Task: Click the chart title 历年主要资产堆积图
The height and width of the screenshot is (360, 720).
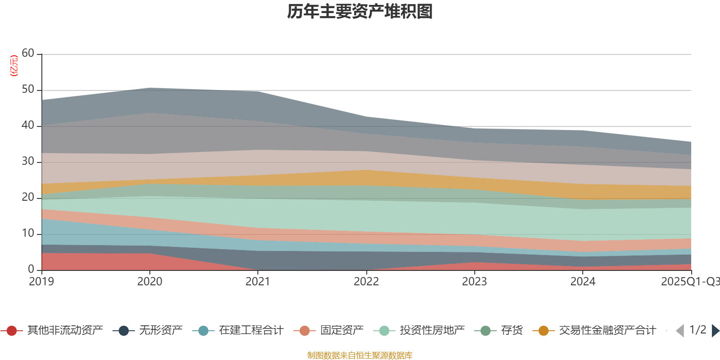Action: (360, 12)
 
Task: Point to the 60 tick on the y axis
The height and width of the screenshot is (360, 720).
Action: (28, 54)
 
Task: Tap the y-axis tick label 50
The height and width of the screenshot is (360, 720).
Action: (28, 90)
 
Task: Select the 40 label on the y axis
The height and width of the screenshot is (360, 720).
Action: (28, 126)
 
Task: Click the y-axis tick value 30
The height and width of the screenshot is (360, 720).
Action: (28, 162)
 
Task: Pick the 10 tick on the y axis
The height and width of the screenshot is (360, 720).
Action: (28, 234)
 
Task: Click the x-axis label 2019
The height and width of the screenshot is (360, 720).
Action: (41, 282)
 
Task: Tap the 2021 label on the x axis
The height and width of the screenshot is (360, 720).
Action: (258, 282)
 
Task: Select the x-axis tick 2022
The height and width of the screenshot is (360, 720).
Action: (366, 282)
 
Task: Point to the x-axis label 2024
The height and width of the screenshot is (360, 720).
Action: (583, 282)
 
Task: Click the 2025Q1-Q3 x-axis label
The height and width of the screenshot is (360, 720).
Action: (689, 282)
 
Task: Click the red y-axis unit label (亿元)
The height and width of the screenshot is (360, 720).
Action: (14, 66)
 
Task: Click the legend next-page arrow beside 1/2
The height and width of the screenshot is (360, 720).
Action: (715, 331)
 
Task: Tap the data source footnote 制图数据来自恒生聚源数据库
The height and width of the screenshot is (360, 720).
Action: (360, 355)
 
